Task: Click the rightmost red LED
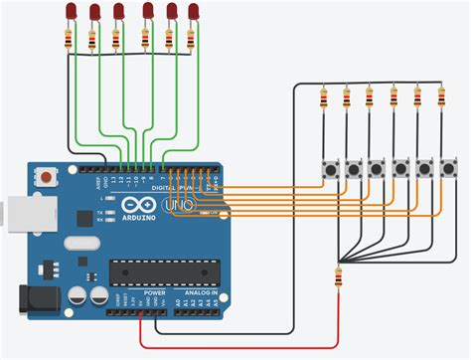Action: [x=192, y=11]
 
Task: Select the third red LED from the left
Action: [x=118, y=10]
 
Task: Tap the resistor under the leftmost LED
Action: [x=68, y=40]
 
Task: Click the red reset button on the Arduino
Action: [x=45, y=178]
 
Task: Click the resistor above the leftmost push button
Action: [x=323, y=98]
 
